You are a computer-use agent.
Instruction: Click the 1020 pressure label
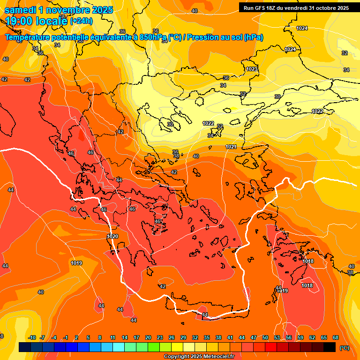tap(112, 236)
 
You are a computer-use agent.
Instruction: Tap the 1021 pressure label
tap(231, 147)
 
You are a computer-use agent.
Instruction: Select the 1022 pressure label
tap(208, 123)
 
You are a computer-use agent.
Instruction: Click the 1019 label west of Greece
tap(76, 263)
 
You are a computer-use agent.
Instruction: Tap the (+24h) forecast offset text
tap(81, 21)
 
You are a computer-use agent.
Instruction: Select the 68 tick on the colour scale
tap(336, 337)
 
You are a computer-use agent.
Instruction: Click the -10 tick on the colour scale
tap(32, 337)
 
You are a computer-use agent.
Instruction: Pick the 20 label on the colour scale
tap(148, 337)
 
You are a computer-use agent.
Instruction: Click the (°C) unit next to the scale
tap(345, 347)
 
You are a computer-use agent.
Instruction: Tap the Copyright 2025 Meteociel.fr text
tap(199, 356)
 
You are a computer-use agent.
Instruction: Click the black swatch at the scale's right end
tap(330, 347)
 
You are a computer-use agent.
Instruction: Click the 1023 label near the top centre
tap(252, 69)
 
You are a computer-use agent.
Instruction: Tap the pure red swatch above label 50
tap(271, 347)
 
